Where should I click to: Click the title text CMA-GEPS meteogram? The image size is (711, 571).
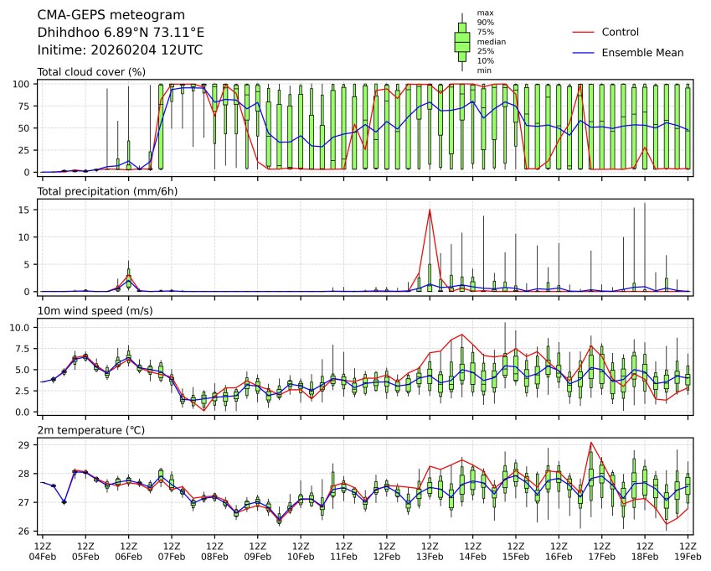coord(100,15)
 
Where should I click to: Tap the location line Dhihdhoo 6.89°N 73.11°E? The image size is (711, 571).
coord(121,33)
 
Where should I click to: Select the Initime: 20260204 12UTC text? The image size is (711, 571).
coord(120,50)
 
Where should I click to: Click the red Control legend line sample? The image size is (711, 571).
coord(583,32)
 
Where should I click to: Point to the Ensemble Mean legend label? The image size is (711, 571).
coord(642,52)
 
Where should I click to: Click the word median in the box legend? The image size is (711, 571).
coord(491,41)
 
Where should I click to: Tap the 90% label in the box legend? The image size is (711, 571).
coord(484,23)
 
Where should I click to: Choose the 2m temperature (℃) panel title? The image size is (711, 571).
coord(91,430)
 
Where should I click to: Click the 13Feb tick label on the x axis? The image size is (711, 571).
coord(430,556)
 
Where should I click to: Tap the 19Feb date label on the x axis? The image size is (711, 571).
coord(688,556)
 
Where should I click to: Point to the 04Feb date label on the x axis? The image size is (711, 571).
coord(43,556)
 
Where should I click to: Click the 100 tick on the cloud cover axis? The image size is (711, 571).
coord(23,84)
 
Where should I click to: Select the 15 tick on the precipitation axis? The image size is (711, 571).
coord(26,210)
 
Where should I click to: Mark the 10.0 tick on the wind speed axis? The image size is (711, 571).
coord(21,327)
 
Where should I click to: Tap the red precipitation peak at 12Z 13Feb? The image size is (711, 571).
coord(430,210)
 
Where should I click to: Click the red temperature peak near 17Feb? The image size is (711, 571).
coord(591,442)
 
